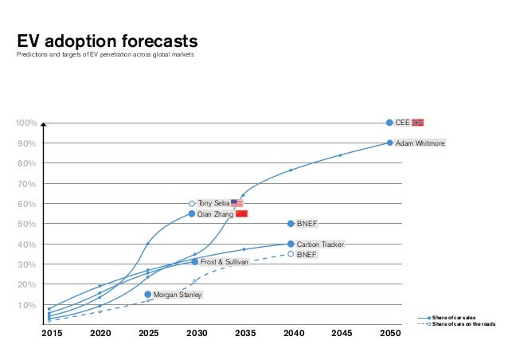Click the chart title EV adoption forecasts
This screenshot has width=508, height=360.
(x=107, y=41)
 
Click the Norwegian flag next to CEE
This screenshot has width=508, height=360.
(x=418, y=123)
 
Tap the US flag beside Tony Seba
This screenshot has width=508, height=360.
(x=236, y=203)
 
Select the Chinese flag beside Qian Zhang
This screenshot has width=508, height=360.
(x=242, y=214)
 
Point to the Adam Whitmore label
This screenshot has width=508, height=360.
(x=420, y=143)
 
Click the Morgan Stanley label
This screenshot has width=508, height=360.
(x=177, y=295)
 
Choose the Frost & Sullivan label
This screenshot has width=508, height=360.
(x=224, y=261)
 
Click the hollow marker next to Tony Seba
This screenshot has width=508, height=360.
(x=192, y=204)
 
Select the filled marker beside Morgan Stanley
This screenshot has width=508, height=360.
(x=148, y=295)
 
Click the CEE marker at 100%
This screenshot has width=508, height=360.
(x=389, y=123)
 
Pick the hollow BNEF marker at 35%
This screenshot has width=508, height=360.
(x=291, y=254)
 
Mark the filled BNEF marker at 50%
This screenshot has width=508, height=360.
(x=291, y=224)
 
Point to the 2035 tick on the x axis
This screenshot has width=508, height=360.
(x=244, y=335)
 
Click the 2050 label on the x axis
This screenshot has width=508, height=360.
(x=389, y=335)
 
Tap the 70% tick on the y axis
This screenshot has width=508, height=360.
(x=28, y=184)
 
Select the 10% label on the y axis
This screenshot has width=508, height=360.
(x=28, y=305)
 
